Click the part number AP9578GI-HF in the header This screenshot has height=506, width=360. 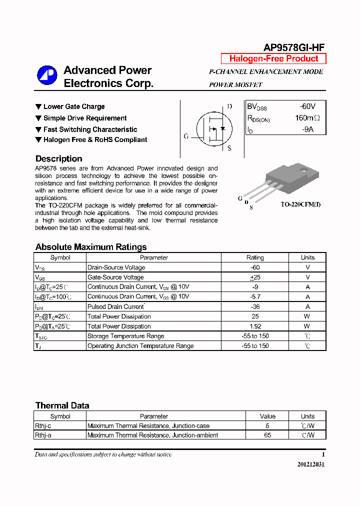point(294,47)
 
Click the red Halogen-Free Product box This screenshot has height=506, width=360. point(273,58)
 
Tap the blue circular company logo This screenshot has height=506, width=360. point(47,76)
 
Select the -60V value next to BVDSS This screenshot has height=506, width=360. point(307,106)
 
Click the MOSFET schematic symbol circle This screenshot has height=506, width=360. point(214,128)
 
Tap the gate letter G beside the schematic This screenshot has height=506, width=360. point(186,136)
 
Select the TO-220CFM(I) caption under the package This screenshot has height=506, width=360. point(300,204)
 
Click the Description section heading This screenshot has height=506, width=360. point(58,158)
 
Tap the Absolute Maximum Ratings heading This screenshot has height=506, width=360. point(91,247)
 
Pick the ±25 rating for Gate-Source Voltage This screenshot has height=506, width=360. point(255,277)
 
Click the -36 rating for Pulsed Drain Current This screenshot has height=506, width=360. point(255,306)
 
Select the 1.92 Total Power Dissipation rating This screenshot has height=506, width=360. point(255,326)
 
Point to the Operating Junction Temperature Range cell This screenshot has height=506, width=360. point(140,346)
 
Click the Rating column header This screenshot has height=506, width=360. point(255,257)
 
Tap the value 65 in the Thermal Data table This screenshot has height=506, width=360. point(267,435)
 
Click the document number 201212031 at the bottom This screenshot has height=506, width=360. point(311,464)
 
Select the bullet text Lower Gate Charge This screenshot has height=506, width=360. point(74,106)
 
